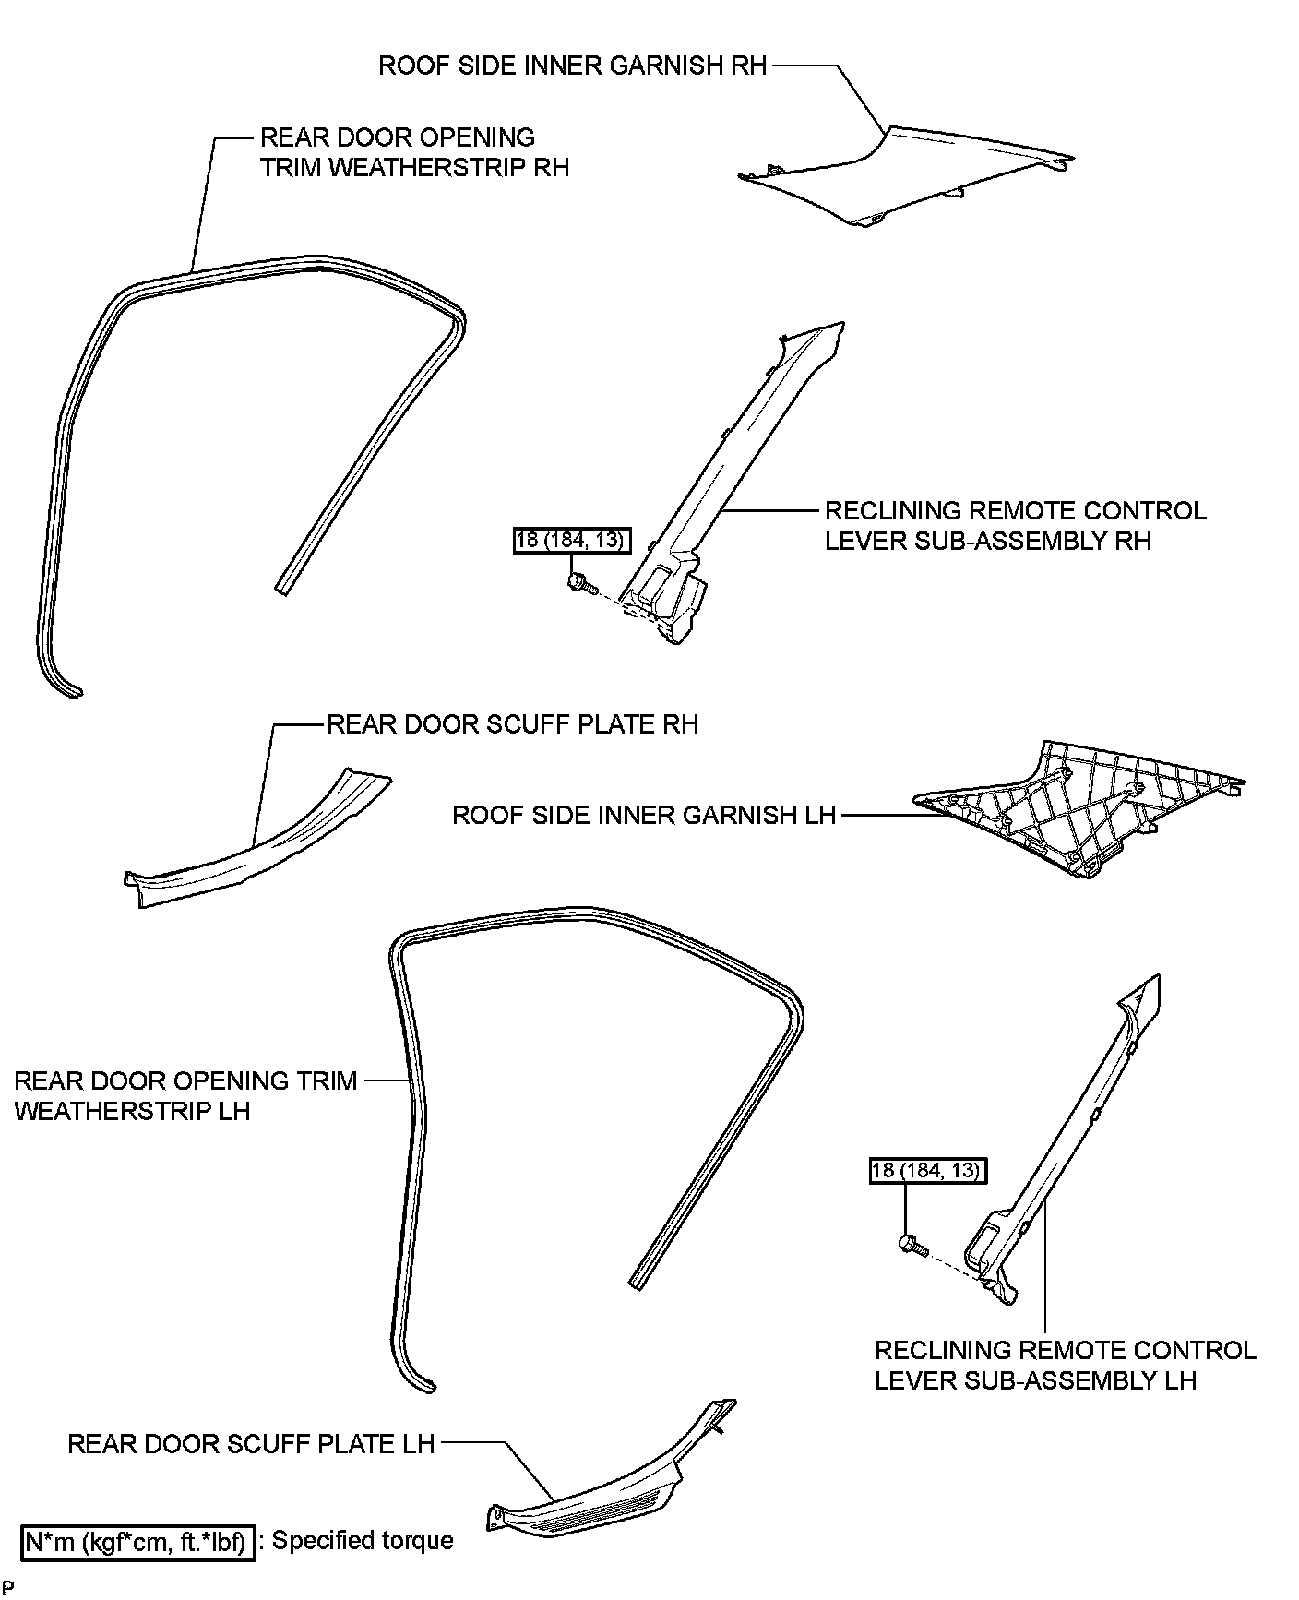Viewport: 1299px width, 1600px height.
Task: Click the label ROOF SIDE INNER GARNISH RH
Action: click(x=572, y=66)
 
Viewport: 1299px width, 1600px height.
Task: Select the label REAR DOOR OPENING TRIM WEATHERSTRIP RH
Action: click(x=414, y=152)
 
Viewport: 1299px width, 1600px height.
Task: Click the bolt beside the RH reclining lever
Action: click(x=579, y=582)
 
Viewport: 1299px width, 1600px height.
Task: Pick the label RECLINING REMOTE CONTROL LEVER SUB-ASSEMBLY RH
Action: click(x=1015, y=525)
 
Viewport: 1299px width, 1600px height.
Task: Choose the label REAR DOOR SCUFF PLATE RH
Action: click(x=512, y=724)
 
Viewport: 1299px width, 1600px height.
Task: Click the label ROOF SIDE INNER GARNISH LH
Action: click(x=643, y=815)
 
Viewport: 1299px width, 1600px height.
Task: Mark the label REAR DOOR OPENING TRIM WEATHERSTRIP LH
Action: click(x=185, y=1095)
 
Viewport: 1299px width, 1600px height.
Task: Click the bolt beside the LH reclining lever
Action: click(x=910, y=1246)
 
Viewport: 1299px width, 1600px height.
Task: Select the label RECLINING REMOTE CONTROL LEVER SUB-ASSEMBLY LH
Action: click(x=1065, y=1365)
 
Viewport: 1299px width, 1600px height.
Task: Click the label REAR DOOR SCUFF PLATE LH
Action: click(x=251, y=1443)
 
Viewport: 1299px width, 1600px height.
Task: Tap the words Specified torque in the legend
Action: click(x=363, y=1541)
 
